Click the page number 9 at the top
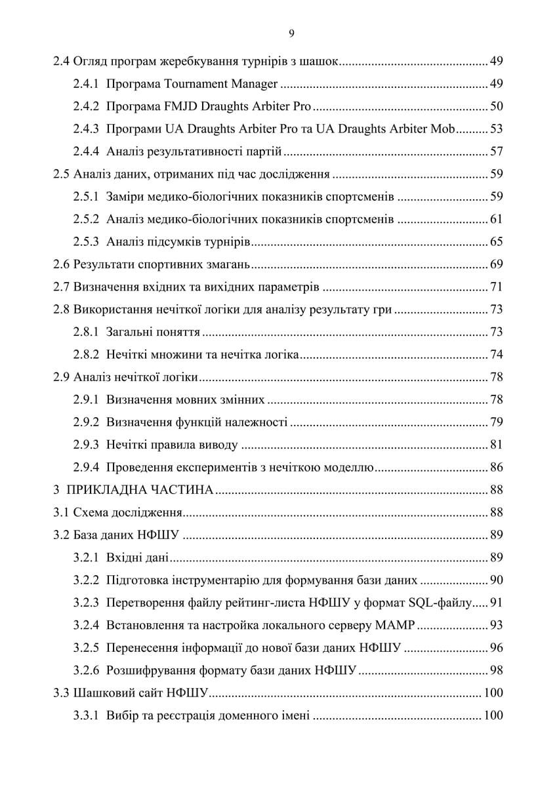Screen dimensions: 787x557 [x=291, y=35]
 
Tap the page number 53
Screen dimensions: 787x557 [x=496, y=129]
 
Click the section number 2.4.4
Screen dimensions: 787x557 [x=86, y=152]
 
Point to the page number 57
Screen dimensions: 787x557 [x=496, y=152]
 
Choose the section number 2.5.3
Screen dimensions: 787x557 [x=86, y=242]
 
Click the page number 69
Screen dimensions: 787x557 [x=496, y=265]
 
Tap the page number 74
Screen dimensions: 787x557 [x=496, y=355]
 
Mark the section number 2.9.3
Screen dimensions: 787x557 [x=86, y=445]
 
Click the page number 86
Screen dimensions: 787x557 [x=496, y=468]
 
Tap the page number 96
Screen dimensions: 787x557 [x=496, y=648]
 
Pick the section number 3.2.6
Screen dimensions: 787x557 [x=86, y=670]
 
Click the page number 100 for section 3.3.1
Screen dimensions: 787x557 [x=493, y=716]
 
